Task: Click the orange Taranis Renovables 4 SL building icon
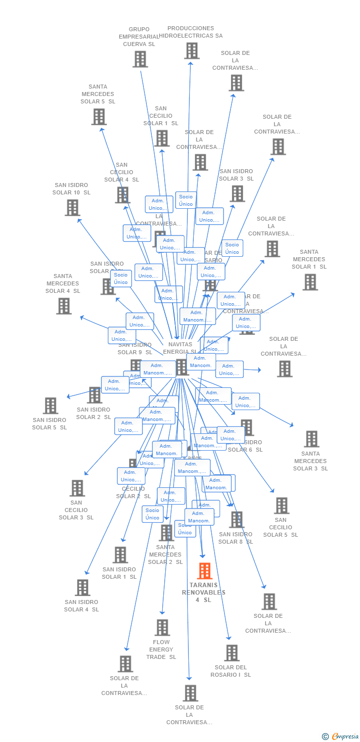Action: click(204, 571)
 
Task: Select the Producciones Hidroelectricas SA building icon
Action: click(191, 50)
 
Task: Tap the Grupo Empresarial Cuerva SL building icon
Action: click(140, 59)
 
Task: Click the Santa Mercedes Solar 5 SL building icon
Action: click(99, 117)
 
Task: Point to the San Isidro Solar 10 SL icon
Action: click(72, 208)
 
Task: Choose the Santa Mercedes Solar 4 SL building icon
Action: click(64, 306)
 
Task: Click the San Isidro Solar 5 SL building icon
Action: click(50, 406)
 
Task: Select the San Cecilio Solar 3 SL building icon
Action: click(77, 488)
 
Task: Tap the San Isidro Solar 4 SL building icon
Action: click(82, 588)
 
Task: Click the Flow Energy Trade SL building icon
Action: click(162, 628)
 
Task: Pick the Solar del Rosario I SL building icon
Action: click(231, 653)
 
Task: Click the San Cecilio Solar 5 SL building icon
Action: click(281, 506)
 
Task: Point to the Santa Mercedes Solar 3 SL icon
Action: click(311, 439)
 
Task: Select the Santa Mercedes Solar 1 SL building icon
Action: click(310, 282)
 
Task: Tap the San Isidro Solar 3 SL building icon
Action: click(237, 193)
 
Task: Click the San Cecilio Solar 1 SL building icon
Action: click(162, 139)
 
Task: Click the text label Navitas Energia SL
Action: click(180, 348)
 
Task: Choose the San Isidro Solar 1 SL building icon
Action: click(120, 555)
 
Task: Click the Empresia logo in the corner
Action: click(341, 737)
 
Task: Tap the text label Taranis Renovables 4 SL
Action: click(204, 592)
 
